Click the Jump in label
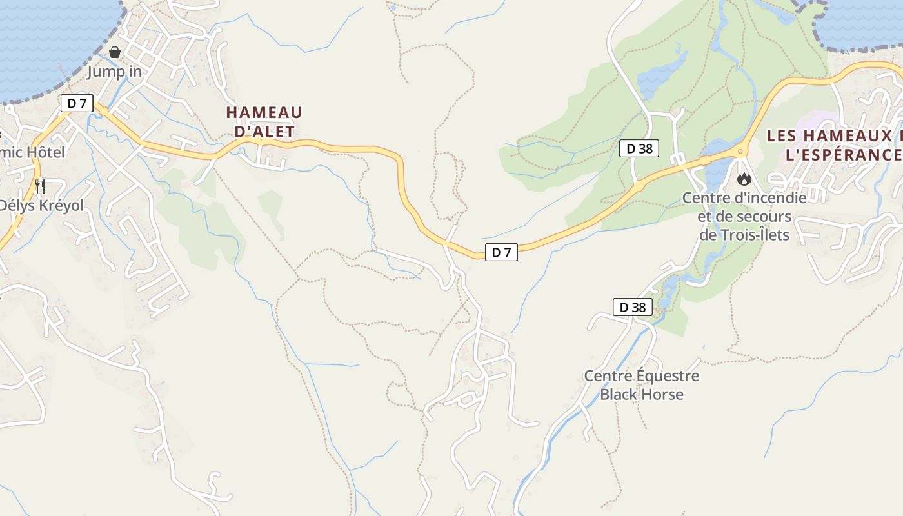(x=115, y=72)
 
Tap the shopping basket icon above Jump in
(x=115, y=52)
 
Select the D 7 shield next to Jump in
(x=77, y=103)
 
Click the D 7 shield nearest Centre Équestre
(x=501, y=253)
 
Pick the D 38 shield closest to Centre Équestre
(x=632, y=307)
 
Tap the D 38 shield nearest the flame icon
(x=640, y=149)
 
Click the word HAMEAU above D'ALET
(x=264, y=112)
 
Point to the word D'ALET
(x=264, y=132)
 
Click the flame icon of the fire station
(x=744, y=179)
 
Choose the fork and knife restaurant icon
(x=40, y=186)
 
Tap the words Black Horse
(x=642, y=394)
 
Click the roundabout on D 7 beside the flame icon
(x=740, y=152)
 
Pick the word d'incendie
(x=770, y=197)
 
